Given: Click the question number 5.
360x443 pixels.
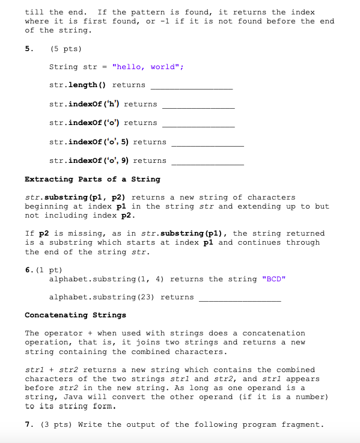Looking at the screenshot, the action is pyautogui.click(x=28, y=48).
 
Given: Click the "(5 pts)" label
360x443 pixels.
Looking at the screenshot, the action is pyautogui.click(x=65, y=48).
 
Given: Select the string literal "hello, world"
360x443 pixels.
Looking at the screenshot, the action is pyautogui.click(x=147, y=67).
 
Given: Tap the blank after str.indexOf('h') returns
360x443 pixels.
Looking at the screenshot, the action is pyautogui.click(x=198, y=105).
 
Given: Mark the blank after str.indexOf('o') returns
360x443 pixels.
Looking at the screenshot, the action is pyautogui.click(x=198, y=124).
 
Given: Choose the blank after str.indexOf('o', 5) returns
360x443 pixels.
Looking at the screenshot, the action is pyautogui.click(x=208, y=143).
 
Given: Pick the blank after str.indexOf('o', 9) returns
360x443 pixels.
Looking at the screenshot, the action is pyautogui.click(x=208, y=162).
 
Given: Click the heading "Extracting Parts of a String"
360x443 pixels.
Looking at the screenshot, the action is pyautogui.click(x=93, y=179).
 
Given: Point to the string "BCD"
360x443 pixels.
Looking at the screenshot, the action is pyautogui.click(x=273, y=279).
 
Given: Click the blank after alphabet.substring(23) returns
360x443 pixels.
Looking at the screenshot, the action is pyautogui.click(x=240, y=298).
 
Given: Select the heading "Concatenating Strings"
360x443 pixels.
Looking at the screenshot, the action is pyautogui.click(x=75, y=315).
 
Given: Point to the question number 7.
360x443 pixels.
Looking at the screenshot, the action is pyautogui.click(x=28, y=424).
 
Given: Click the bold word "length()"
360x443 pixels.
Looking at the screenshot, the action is pyautogui.click(x=88, y=85).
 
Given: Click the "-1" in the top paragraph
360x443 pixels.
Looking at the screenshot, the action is pyautogui.click(x=166, y=21).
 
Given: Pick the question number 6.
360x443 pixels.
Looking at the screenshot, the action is pyautogui.click(x=28, y=270).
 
